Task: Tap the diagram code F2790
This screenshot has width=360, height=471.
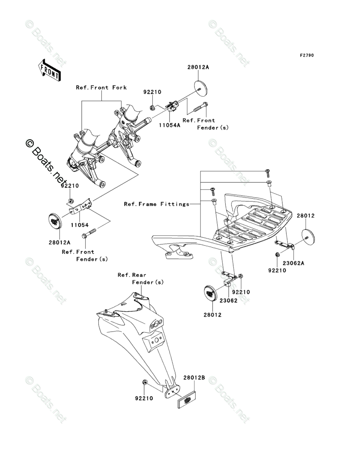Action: pyautogui.click(x=306, y=56)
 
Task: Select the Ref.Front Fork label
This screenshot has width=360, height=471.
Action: pyautogui.click(x=101, y=87)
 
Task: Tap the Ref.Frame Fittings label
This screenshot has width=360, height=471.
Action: pyautogui.click(x=157, y=204)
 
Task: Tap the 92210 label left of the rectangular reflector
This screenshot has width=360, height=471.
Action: pyautogui.click(x=144, y=399)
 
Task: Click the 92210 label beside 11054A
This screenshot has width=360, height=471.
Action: pyautogui.click(x=152, y=92)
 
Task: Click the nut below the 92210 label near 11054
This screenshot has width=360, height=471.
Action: pyautogui.click(x=70, y=200)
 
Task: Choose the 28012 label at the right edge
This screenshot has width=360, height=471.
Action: pyautogui.click(x=306, y=216)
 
